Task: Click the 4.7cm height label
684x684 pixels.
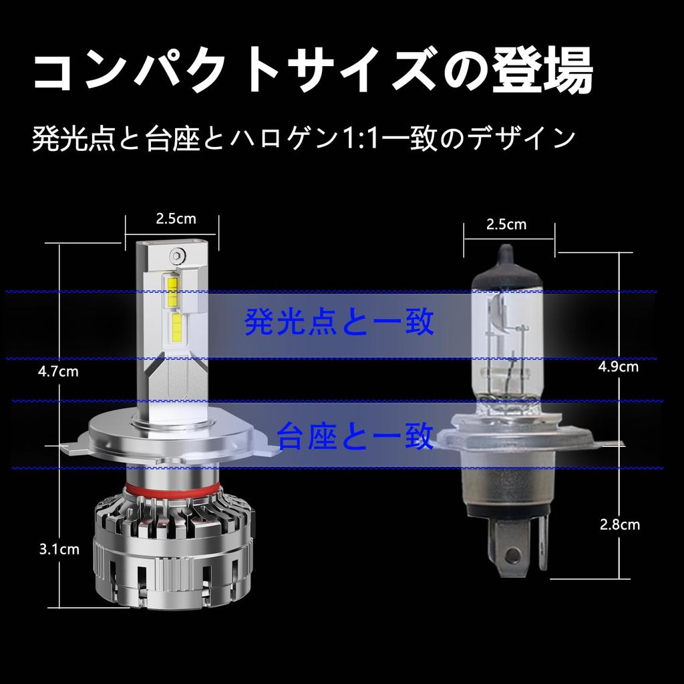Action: point(58,371)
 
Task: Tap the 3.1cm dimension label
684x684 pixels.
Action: point(59,550)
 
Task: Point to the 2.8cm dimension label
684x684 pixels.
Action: point(620,524)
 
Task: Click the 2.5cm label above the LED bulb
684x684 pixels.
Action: point(176,218)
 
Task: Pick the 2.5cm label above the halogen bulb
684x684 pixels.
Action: point(506,224)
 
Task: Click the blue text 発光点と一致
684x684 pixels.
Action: point(340,323)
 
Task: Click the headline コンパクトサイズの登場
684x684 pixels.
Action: point(313,73)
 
